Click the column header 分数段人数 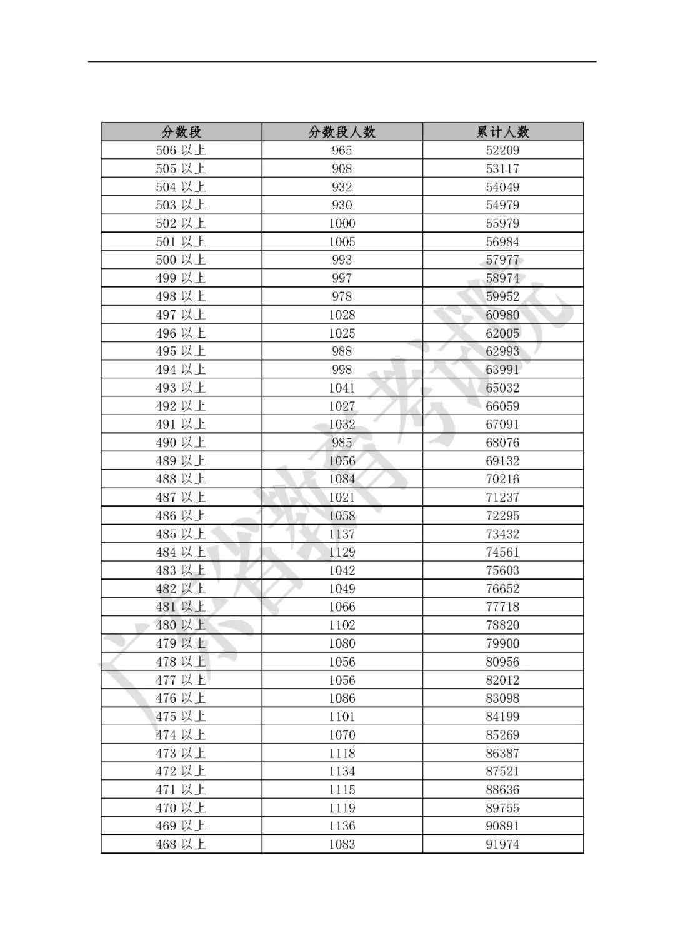[x=342, y=132]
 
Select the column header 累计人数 [x=502, y=132]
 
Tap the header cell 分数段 [x=181, y=132]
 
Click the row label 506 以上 [x=181, y=150]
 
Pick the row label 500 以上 [x=181, y=260]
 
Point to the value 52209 [x=502, y=150]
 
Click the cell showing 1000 [x=342, y=223]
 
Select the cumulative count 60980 [x=502, y=315]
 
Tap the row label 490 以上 [x=181, y=443]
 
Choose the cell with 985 [x=342, y=443]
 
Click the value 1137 [x=342, y=534]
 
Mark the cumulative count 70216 [x=502, y=479]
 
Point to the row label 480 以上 [x=181, y=625]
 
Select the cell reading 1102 [x=342, y=625]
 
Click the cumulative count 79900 [x=502, y=643]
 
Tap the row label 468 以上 [x=181, y=844]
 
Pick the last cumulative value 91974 [x=502, y=844]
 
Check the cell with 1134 [x=342, y=771]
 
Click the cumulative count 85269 [x=502, y=735]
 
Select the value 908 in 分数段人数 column [x=342, y=168]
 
